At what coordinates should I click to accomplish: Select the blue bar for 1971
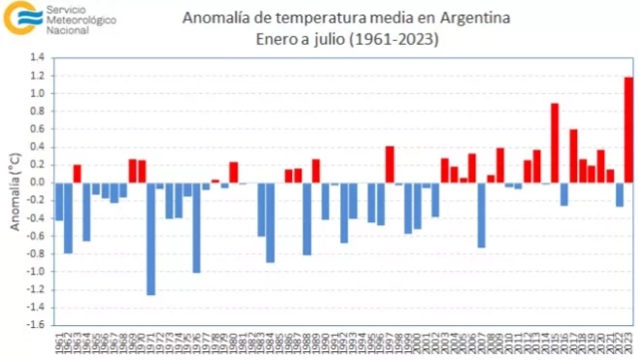pyautogui.click(x=151, y=238)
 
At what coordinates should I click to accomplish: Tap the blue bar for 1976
pyautogui.click(x=197, y=227)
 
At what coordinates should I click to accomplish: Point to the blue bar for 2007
pyautogui.click(x=481, y=214)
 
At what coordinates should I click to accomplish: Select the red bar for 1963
pyautogui.click(x=78, y=174)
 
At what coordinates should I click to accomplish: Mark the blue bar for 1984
pyautogui.click(x=271, y=222)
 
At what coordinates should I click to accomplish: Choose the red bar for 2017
pyautogui.click(x=573, y=155)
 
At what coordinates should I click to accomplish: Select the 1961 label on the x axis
pyautogui.click(x=59, y=343)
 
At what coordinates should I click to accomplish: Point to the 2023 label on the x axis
pyautogui.click(x=628, y=343)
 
